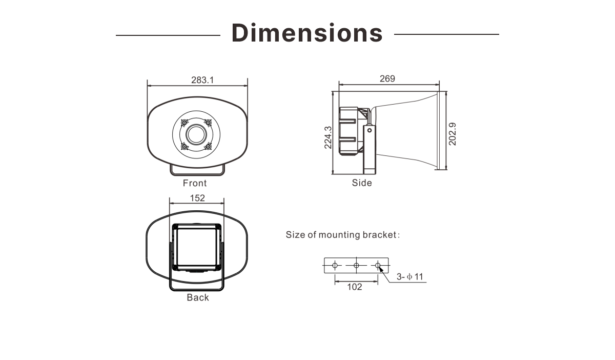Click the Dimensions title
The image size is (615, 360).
[307, 33]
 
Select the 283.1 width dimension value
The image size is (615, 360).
[202, 80]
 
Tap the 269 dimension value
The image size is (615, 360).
[387, 78]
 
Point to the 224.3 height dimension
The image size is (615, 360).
[328, 137]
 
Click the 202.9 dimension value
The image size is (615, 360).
[452, 134]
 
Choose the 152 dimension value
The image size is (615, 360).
[197, 198]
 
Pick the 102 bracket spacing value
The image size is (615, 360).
[355, 287]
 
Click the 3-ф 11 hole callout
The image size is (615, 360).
[409, 276]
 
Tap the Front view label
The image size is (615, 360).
[195, 183]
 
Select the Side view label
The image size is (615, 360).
[362, 183]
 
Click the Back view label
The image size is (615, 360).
[198, 297]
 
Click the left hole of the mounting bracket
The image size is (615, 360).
[335, 266]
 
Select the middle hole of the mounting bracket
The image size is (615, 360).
[356, 266]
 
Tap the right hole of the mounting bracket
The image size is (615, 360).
[378, 266]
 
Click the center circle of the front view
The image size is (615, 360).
[196, 134]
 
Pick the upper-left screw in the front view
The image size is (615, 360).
[184, 123]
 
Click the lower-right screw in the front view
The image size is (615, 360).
[208, 146]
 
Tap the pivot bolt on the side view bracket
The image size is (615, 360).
[370, 130]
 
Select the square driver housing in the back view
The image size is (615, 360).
[197, 247]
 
